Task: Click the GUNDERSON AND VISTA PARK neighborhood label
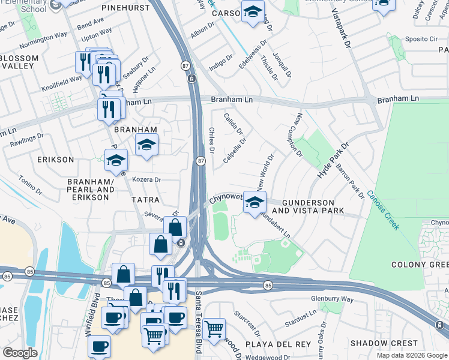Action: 308,205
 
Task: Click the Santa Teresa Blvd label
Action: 199,324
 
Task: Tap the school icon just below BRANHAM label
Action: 146,145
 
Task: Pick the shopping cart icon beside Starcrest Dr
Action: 214,329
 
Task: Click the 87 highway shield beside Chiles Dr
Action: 201,160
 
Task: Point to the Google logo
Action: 20,353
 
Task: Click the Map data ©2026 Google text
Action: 412,355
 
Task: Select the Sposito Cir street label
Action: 421,38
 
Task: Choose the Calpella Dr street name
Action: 235,151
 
